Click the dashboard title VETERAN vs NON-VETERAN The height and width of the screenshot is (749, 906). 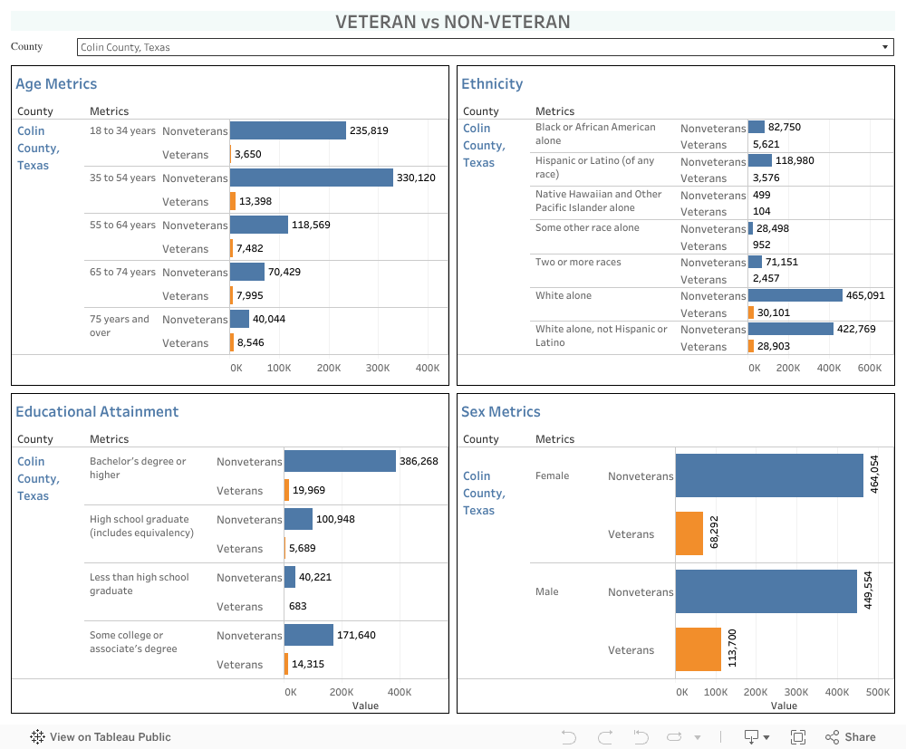click(x=452, y=22)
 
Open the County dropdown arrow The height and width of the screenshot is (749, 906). click(x=885, y=47)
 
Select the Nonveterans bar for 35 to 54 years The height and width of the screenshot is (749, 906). click(x=311, y=178)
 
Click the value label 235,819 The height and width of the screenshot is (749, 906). click(x=369, y=130)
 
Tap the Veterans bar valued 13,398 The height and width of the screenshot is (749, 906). click(x=233, y=201)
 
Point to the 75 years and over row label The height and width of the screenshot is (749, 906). click(x=120, y=326)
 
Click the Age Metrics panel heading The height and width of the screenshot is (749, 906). click(x=56, y=84)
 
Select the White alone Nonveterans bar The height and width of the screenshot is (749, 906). click(x=795, y=295)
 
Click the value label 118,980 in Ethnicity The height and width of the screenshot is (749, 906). click(x=795, y=160)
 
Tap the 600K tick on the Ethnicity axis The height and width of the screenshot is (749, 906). click(x=869, y=369)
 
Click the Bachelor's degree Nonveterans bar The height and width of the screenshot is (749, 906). click(x=340, y=461)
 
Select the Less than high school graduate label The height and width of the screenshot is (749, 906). click(x=139, y=584)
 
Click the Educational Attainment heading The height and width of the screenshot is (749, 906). click(x=97, y=412)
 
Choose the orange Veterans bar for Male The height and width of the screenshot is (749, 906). click(x=698, y=649)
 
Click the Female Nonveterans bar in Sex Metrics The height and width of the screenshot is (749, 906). click(x=769, y=475)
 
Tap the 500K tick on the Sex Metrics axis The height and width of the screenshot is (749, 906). click(x=877, y=692)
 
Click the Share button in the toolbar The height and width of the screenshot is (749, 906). click(x=851, y=737)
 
